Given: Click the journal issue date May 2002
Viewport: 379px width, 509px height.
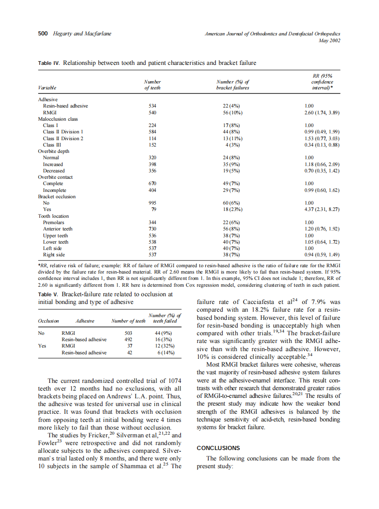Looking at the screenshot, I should [x=330, y=40].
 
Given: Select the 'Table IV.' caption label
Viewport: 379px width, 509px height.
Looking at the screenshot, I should [x=49, y=63].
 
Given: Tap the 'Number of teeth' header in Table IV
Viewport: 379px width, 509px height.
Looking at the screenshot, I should [x=152, y=85].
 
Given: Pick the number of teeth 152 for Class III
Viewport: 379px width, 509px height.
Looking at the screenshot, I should [x=152, y=145].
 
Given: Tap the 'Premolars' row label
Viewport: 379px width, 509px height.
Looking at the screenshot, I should [x=53, y=223].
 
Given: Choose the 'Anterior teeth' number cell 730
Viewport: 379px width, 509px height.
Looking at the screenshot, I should [x=152, y=229].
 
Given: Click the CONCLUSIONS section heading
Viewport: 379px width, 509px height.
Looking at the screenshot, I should [x=220, y=448].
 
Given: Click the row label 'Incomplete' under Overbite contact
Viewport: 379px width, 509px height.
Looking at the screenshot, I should [x=54, y=190].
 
